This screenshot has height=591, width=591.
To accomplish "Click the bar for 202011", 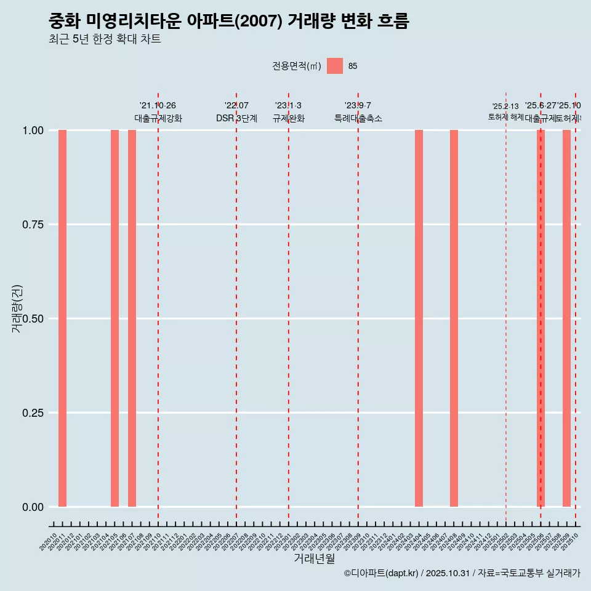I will tap(62, 318).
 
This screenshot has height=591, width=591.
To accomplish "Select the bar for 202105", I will tap(115, 318).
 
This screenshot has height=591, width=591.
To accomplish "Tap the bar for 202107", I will tap(132, 318).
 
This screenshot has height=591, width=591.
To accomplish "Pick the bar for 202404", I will tap(419, 318).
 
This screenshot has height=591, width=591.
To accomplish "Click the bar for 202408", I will tap(454, 318).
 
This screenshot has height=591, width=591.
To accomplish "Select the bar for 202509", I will tap(566, 318).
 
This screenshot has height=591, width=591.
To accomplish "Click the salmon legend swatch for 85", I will tap(334, 66).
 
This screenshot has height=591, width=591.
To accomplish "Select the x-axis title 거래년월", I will tap(314, 559).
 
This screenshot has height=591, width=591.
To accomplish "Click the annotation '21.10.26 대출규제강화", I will tap(158, 112).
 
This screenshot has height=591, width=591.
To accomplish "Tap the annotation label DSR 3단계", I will tap(236, 118).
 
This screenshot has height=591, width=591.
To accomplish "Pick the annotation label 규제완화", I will tap(289, 118).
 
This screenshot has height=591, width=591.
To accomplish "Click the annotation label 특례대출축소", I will tap(358, 118).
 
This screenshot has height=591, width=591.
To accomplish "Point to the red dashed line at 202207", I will tap(236, 308).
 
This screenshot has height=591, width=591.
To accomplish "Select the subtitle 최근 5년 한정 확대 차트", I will tap(105, 40).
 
